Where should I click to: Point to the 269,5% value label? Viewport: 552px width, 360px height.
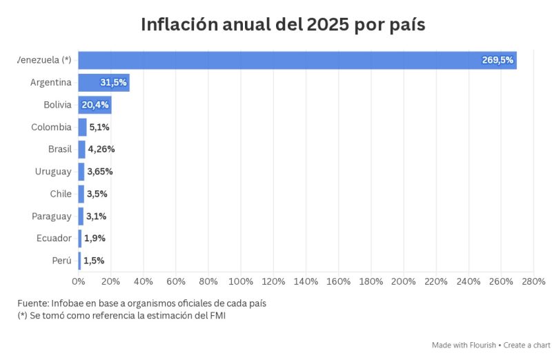point(497,60)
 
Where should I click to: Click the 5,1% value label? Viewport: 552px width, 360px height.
point(99,127)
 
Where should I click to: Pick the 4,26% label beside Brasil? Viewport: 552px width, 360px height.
point(101,149)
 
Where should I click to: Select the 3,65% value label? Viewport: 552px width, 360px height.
point(100,171)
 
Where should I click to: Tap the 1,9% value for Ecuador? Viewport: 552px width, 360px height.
point(95,238)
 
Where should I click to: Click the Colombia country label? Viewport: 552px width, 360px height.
point(51,127)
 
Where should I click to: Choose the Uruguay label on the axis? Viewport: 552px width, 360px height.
point(53,171)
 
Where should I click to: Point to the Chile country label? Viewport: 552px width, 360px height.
point(60,194)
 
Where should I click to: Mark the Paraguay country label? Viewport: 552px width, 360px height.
point(51,216)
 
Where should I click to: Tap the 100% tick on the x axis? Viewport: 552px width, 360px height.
point(241,281)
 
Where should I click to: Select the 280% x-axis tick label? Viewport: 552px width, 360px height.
point(533,281)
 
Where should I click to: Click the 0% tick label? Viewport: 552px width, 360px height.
point(79,281)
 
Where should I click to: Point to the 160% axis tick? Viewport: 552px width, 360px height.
point(338,281)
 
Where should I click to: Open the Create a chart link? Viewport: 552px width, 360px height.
point(526,345)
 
